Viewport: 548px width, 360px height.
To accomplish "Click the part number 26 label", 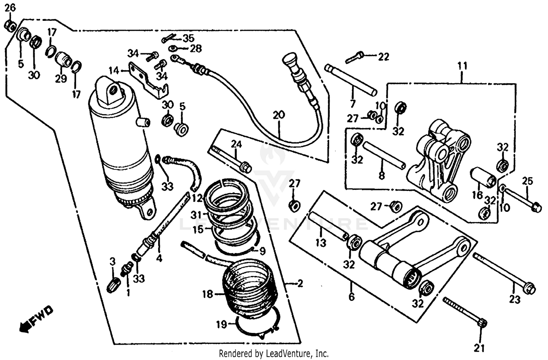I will coord(10,7).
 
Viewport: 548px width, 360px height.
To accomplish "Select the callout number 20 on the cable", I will coord(278,116).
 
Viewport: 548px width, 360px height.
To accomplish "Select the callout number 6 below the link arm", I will coord(351,297).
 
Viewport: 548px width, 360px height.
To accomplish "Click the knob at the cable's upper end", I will coord(289,60).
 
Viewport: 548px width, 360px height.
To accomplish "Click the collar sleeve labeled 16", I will coord(482,177).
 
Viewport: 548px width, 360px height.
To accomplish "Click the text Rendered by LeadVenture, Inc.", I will coord(274,353).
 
